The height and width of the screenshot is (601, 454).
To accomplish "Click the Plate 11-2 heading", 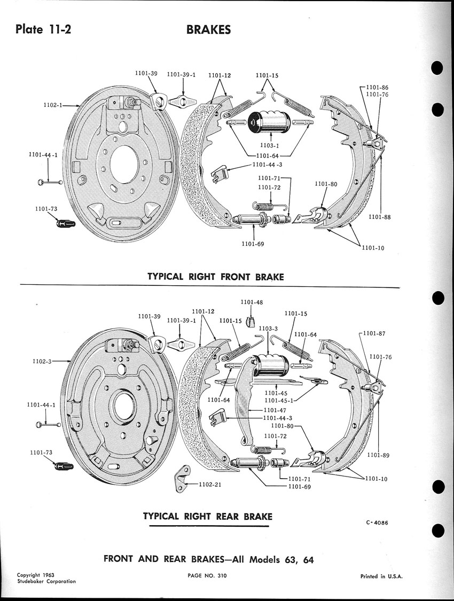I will click(44, 29).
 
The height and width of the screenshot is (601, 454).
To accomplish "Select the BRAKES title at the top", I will click(209, 29).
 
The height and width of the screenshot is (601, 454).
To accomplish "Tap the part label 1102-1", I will click(54, 106).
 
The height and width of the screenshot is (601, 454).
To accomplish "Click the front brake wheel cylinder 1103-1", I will click(268, 124).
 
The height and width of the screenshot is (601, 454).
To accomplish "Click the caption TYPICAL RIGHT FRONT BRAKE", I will click(215, 277).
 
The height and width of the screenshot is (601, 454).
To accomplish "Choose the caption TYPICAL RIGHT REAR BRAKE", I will click(208, 517).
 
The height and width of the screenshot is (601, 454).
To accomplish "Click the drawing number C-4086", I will click(377, 523).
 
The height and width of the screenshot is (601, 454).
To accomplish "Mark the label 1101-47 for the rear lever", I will click(276, 410).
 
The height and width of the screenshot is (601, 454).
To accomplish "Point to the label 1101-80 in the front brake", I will click(326, 184).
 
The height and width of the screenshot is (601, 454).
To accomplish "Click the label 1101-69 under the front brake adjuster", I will click(254, 244).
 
